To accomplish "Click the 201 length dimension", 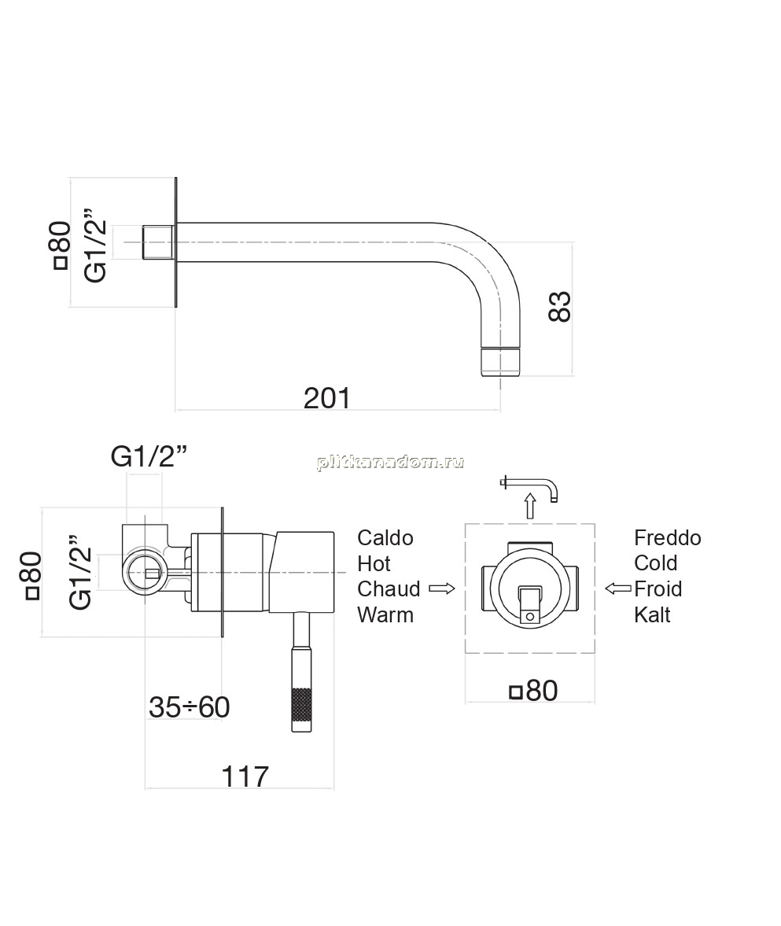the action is point(327,398).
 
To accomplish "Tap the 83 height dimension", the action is point(560,306).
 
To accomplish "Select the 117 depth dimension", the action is point(245,777).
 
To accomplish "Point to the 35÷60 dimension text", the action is point(189,707).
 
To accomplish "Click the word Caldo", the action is point(385,538).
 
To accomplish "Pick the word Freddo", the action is point(668,538).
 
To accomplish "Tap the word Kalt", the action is point(652,614).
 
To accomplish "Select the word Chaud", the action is point(389,588).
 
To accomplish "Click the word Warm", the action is point(385,614).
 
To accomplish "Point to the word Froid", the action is point(658,588).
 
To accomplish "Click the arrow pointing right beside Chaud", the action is point(441,588).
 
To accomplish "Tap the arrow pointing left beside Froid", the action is point(618,588).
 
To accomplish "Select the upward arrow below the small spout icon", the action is point(530,506).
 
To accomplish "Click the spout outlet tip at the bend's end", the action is point(500,361).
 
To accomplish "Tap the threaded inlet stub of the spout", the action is point(158,242).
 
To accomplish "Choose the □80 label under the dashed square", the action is point(533,690).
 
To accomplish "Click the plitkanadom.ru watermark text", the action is point(390,462).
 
